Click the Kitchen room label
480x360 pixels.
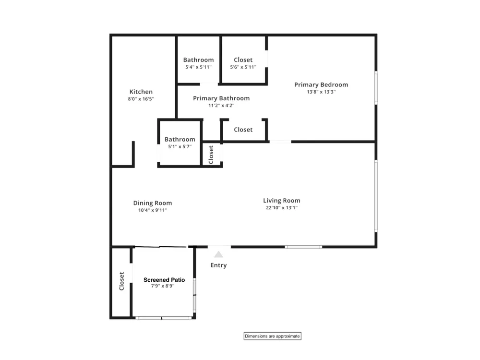141,92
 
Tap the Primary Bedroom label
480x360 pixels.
321,85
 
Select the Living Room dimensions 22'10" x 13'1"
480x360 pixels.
282,207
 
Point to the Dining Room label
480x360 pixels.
153,203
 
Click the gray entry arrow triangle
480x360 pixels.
218,255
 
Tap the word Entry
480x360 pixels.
218,265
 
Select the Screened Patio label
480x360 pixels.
164,280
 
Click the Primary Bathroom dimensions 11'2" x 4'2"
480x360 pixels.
221,105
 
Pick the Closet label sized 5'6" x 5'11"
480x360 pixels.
243,60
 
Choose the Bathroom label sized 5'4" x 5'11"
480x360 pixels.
198,60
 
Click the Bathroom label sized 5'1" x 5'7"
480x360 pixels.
180,139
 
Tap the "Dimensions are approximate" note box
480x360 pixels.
273,336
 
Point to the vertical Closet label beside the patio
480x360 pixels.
121,281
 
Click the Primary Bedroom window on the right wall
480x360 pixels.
376,88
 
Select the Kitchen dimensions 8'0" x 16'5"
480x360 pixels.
141,99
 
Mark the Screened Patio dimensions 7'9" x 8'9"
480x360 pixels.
163,286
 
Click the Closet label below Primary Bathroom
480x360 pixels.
243,130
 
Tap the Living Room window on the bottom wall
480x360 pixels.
303,247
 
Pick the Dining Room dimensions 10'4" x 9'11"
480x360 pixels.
153,210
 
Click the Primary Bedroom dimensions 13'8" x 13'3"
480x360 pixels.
321,92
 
